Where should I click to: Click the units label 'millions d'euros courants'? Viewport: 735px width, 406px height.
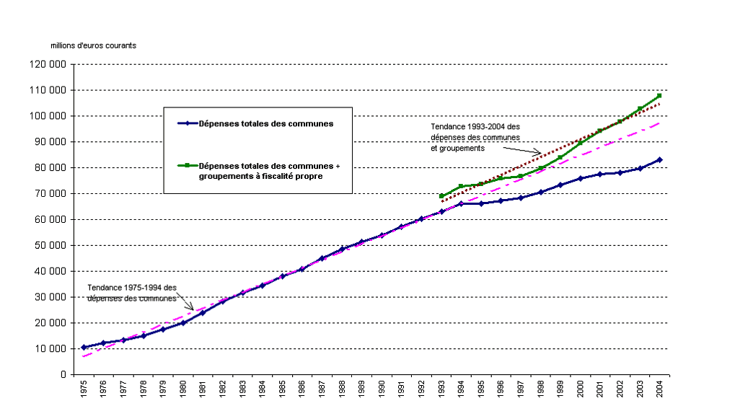click(93, 45)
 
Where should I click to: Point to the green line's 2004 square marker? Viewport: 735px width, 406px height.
click(659, 96)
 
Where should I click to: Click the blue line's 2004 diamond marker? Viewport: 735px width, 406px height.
click(659, 159)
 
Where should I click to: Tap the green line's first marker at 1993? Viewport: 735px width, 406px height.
click(441, 195)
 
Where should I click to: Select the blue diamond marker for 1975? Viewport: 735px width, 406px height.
click(84, 347)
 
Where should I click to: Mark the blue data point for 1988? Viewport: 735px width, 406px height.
click(342, 249)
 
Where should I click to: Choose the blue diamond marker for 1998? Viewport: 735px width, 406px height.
click(540, 192)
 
